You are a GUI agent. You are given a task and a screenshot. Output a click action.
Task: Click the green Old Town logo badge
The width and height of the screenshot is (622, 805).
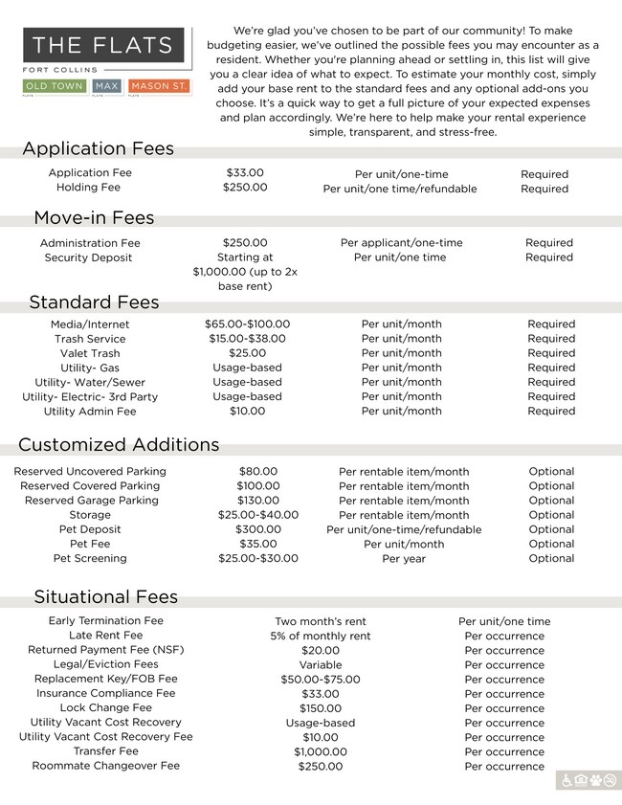point(56,87)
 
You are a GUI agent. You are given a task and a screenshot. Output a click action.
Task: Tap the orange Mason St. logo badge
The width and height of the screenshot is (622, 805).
point(159,87)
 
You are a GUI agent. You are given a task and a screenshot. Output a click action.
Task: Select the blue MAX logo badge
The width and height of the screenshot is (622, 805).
point(106,87)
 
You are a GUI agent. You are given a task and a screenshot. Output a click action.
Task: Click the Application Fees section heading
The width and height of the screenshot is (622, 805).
point(98,148)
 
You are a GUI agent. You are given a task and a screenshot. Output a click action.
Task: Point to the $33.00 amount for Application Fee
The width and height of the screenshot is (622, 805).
point(245,173)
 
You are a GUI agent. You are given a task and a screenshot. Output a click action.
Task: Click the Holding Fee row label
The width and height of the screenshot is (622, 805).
point(89,188)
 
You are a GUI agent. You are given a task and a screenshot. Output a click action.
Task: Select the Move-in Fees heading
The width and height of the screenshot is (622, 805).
point(94,217)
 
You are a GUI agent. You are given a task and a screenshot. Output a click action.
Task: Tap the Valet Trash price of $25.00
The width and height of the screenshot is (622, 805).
point(247,353)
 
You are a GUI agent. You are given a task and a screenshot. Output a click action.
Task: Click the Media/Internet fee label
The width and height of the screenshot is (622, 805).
point(90,324)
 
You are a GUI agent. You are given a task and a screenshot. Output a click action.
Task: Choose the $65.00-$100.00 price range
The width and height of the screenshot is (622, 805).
point(247,324)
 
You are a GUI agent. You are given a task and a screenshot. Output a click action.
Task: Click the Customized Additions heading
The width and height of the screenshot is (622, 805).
point(119,444)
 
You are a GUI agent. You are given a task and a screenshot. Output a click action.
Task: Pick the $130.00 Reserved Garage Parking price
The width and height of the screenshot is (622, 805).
point(258,501)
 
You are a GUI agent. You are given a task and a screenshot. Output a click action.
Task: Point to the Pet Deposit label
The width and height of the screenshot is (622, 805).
point(90,529)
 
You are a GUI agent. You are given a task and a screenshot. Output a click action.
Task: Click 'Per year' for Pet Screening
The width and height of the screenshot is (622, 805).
point(404,559)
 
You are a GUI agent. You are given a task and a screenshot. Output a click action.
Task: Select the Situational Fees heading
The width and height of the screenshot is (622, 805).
point(105,596)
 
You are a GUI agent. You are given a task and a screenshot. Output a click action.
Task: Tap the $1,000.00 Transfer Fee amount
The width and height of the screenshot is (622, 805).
point(320,752)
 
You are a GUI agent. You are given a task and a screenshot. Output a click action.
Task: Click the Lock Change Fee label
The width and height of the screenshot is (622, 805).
point(105,708)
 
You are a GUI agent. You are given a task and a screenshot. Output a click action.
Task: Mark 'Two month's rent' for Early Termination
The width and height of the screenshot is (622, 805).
point(320,622)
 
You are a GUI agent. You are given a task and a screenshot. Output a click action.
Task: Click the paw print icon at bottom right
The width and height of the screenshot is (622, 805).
point(595,781)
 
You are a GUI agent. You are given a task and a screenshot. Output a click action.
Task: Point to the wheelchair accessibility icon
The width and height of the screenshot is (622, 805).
point(566,781)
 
